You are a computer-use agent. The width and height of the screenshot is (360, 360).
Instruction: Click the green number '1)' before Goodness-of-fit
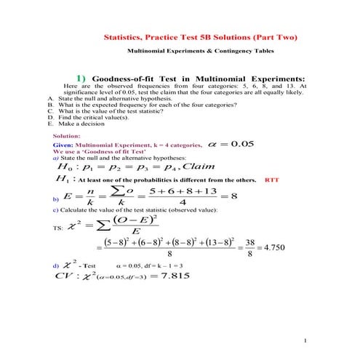click(x=82, y=78)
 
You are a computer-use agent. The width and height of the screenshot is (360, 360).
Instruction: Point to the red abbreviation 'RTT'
click(x=272, y=179)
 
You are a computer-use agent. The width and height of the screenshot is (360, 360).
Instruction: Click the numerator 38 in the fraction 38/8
click(x=249, y=241)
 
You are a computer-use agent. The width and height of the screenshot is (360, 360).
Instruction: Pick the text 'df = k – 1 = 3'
click(x=163, y=265)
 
